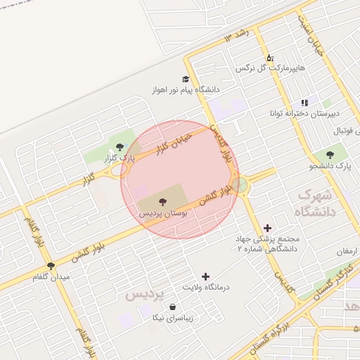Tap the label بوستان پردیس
click(x=162, y=212)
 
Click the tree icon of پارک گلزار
click(x=120, y=147)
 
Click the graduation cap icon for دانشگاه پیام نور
click(x=186, y=79)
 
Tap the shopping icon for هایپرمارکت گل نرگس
click(x=269, y=58)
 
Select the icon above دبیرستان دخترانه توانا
click(x=304, y=103)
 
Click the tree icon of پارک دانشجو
click(x=330, y=155)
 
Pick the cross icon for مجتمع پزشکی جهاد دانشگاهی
click(x=266, y=228)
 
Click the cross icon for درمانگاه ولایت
click(x=205, y=277)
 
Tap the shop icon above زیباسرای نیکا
click(x=172, y=307)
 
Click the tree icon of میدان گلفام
click(x=51, y=266)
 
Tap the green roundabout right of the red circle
click(x=240, y=185)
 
